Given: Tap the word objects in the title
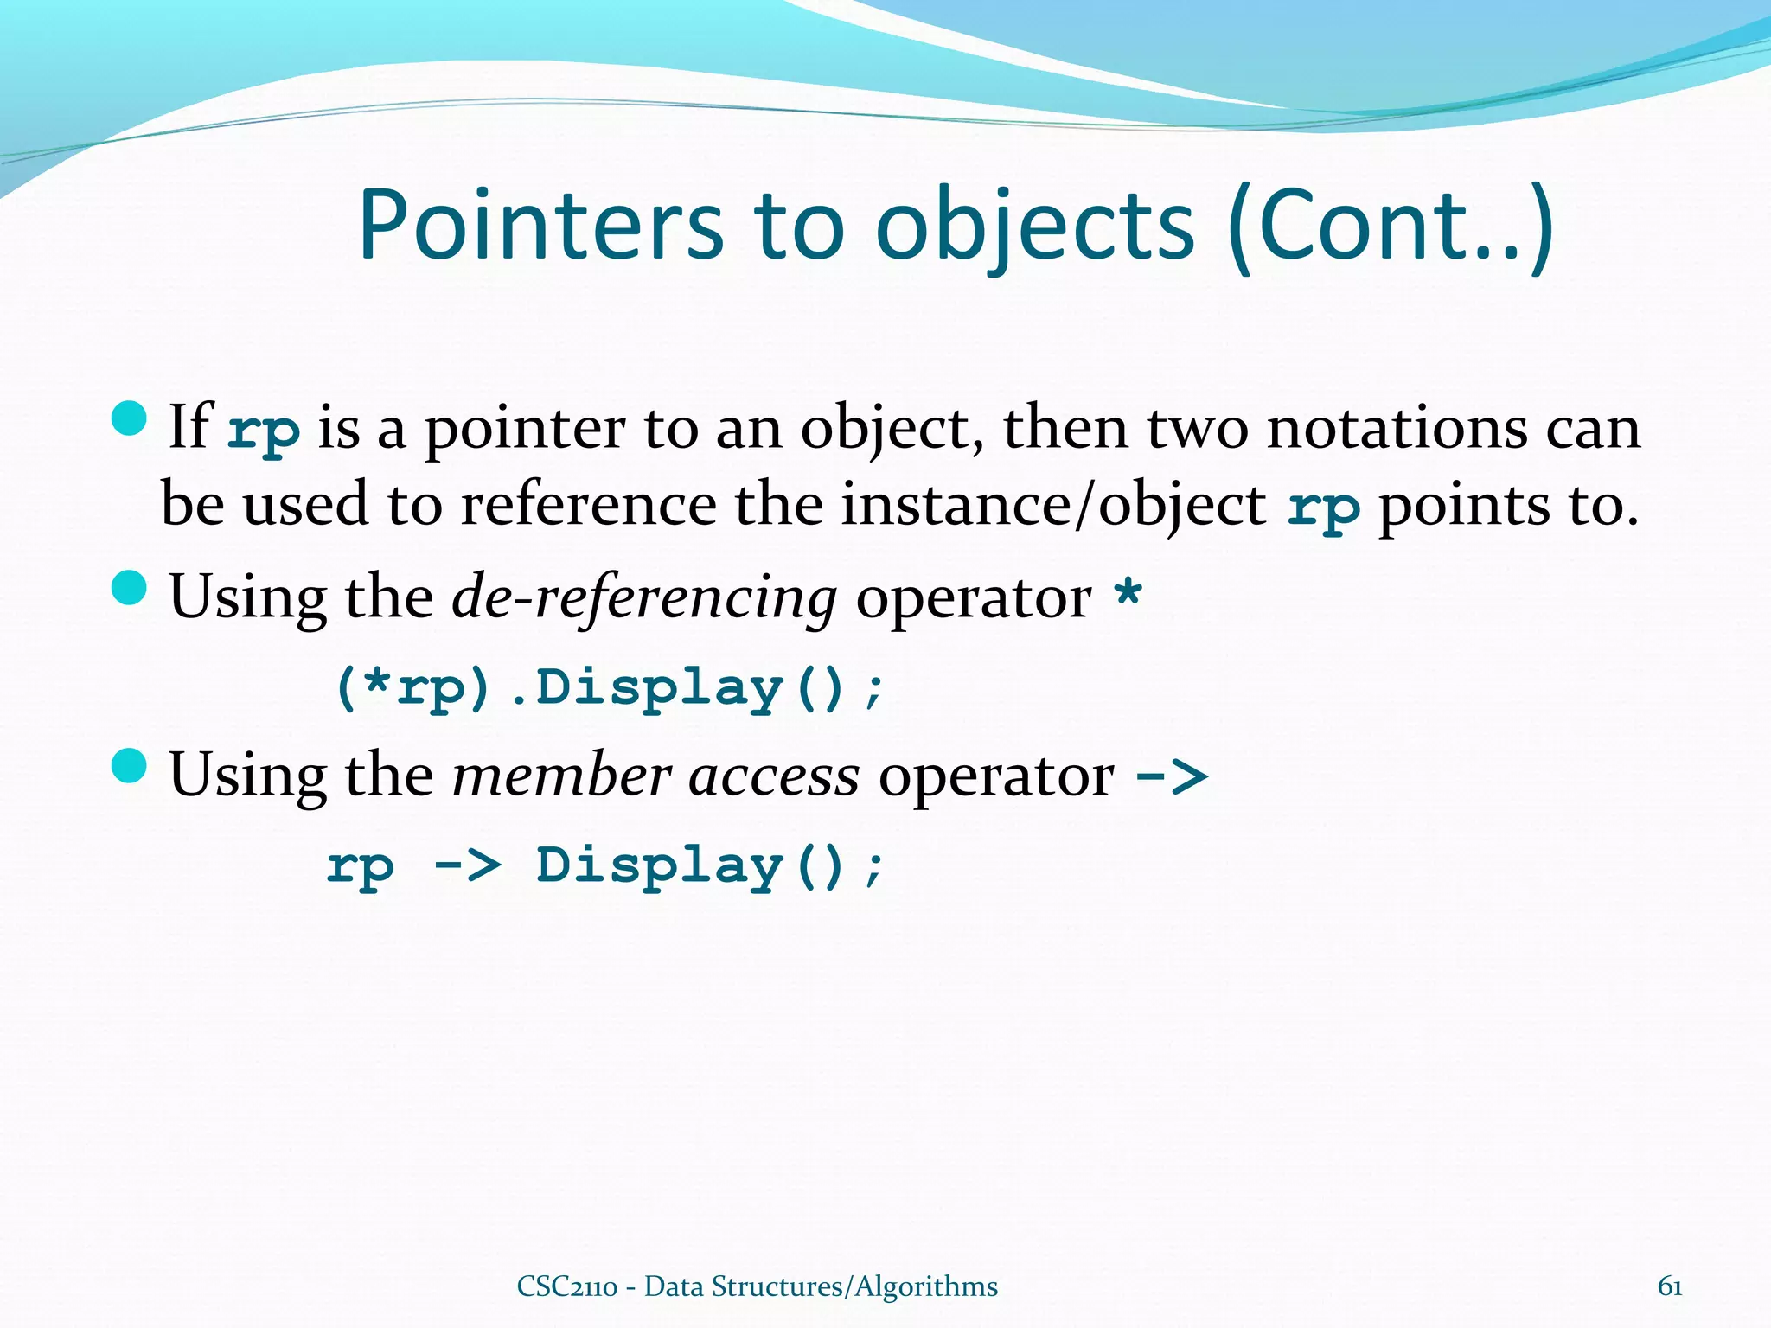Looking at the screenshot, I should pyautogui.click(x=1035, y=227).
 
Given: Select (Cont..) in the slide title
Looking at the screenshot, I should pyautogui.click(x=1390, y=227).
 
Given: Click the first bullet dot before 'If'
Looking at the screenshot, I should pyautogui.click(x=130, y=418).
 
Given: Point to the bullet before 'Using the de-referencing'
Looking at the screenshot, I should pyautogui.click(x=130, y=589).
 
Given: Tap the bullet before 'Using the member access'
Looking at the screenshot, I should pyautogui.click(x=130, y=766).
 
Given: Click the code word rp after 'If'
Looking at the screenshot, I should pyautogui.click(x=264, y=430).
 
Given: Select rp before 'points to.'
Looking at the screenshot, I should pyautogui.click(x=1323, y=508).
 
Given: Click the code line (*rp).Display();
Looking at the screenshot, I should pyautogui.click(x=610, y=689).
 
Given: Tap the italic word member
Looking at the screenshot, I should pyautogui.click(x=561, y=776).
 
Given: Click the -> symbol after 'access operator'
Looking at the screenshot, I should pyautogui.click(x=1171, y=776).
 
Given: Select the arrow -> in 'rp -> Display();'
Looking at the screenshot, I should pyautogui.click(x=467, y=865).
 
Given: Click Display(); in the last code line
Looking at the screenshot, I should pyautogui.click(x=710, y=866).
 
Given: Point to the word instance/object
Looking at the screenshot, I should pyautogui.click(x=1053, y=506).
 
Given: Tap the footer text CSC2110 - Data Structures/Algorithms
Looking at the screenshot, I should pyautogui.click(x=757, y=1286).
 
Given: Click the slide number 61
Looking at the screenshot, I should pyautogui.click(x=1669, y=1286).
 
